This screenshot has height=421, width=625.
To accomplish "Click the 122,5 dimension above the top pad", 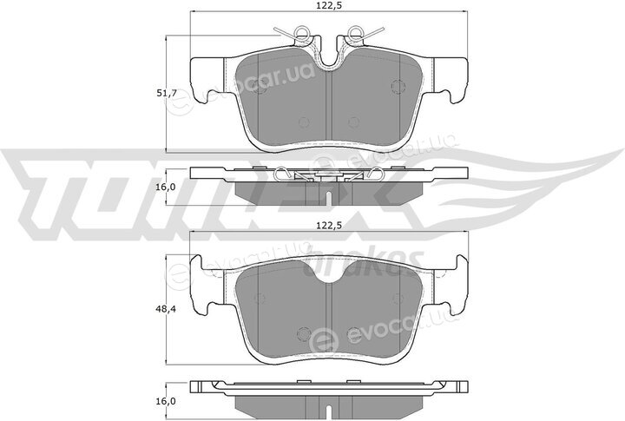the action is pyautogui.click(x=330, y=5).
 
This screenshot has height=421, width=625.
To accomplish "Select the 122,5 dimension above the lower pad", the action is pyautogui.click(x=330, y=226).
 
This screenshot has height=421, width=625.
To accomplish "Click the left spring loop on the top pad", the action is pyautogui.click(x=302, y=31).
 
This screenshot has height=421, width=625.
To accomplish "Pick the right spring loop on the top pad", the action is pyautogui.click(x=354, y=31).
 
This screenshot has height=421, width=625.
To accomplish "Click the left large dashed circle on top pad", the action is pyautogui.click(x=260, y=86).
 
